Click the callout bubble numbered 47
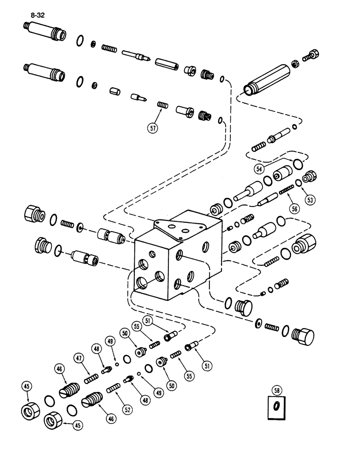coord(78,358)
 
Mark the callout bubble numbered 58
coord(277,390)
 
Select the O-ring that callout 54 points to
coord(296,164)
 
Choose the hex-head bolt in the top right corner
coord(313,55)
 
